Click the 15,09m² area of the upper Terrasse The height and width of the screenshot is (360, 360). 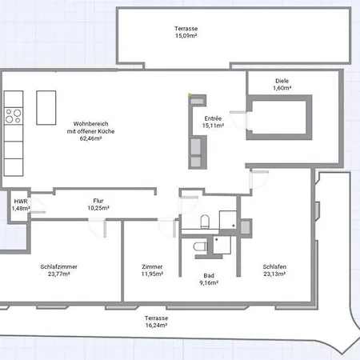(186, 36)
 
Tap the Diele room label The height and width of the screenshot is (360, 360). (282, 81)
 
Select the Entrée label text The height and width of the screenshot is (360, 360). (213, 118)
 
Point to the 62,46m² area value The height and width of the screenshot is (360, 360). (90, 138)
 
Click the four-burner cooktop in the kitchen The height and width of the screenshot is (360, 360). (14, 116)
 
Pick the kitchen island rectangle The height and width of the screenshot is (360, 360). (46, 108)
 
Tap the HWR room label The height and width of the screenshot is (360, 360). (21, 202)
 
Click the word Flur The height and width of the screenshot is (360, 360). (98, 201)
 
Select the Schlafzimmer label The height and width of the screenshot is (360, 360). (58, 266)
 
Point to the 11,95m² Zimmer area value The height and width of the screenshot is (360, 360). (152, 274)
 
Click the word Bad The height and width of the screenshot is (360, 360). (209, 275)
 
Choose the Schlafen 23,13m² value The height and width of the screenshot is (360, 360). (274, 274)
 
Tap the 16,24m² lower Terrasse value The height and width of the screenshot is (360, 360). (156, 326)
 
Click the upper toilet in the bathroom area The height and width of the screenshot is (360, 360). (205, 222)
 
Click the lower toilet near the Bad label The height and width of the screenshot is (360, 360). (200, 246)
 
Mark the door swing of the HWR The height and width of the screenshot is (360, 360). (38, 206)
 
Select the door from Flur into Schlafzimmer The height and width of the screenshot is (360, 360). (98, 228)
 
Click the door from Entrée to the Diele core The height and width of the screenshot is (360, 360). (238, 121)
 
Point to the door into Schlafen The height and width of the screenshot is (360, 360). (259, 179)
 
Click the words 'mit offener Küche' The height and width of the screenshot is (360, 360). (90, 131)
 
